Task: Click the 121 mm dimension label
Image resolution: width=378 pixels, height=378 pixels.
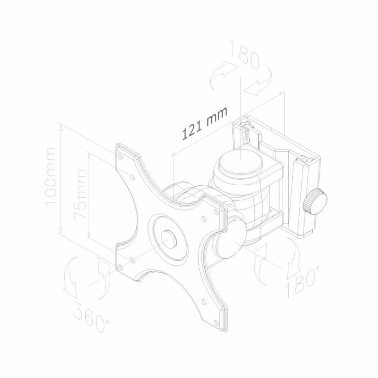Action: pyautogui.click(x=204, y=125)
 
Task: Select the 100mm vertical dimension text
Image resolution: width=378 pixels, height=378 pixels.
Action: pyautogui.click(x=51, y=176)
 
